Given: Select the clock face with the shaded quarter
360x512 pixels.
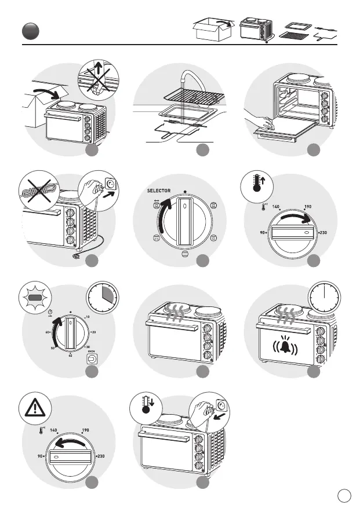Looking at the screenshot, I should (x=103, y=298).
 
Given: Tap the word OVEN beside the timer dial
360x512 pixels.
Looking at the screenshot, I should (x=91, y=350).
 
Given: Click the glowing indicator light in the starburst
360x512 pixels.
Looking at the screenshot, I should (x=35, y=299).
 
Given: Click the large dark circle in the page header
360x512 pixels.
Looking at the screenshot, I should (x=28, y=31).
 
